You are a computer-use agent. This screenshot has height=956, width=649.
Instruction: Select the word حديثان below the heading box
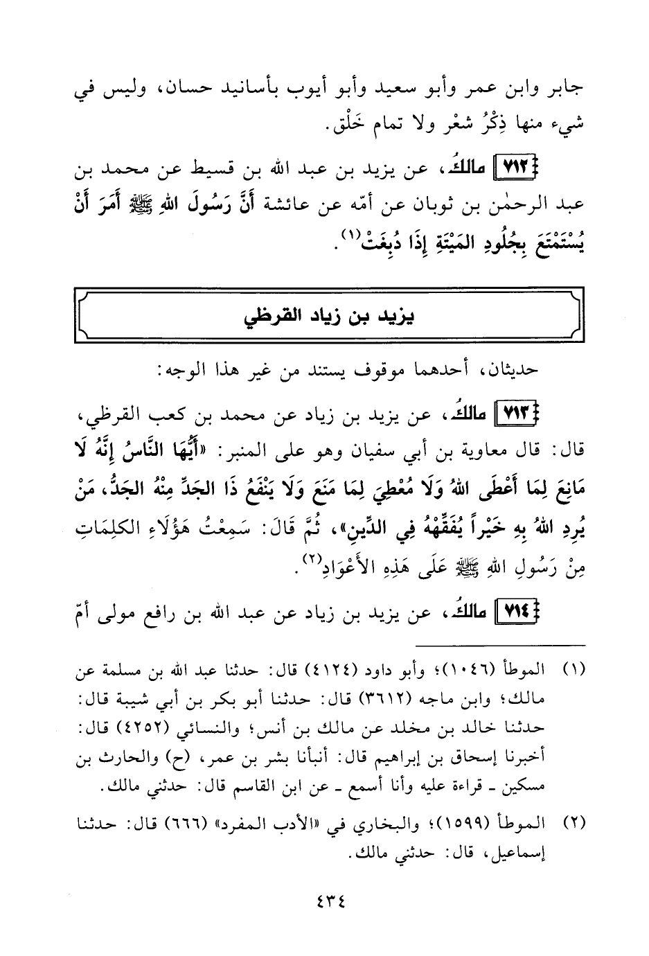(512, 369)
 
